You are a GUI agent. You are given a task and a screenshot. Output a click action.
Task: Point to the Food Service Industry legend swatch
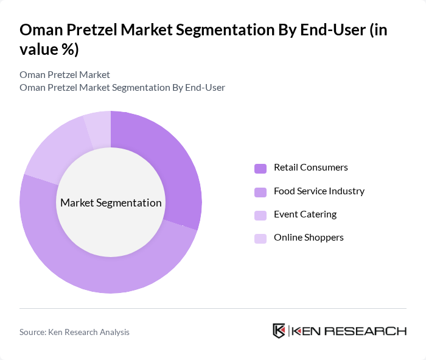[260, 192]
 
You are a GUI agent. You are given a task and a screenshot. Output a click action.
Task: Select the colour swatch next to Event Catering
[260, 215]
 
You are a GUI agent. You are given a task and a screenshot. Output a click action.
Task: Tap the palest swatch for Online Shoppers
[260, 238]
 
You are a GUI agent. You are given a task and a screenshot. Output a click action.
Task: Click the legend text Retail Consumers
[310, 168]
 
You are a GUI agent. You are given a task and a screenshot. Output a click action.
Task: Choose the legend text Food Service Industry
[319, 191]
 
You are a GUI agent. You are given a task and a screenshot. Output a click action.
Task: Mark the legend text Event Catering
[305, 214]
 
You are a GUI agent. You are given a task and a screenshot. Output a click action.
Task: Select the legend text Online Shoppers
[309, 237]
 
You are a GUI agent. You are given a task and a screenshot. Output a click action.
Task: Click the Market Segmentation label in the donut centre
[111, 203]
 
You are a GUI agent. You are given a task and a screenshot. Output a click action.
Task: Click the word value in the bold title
[40, 49]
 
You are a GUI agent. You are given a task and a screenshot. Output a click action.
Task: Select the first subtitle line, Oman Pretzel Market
[65, 74]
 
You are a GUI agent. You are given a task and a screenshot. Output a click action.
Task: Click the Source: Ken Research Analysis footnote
[74, 332]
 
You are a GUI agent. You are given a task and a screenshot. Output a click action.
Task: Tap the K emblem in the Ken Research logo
[279, 331]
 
